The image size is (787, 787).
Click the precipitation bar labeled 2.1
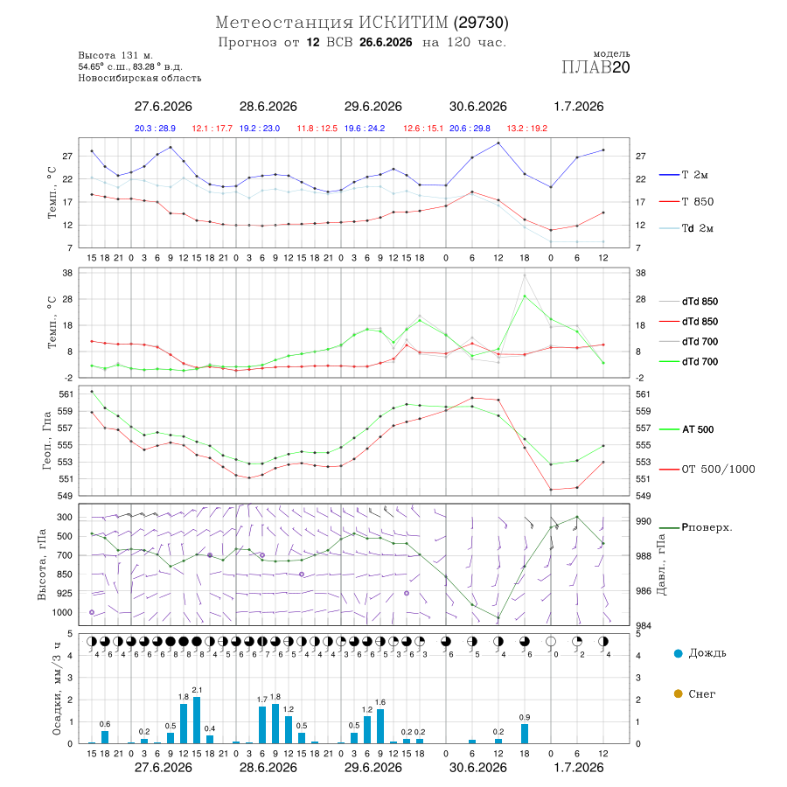197,720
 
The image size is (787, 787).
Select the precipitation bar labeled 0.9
525,734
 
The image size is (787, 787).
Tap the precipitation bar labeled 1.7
262,725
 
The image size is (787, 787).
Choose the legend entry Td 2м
686,228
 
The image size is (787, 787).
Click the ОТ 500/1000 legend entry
707,470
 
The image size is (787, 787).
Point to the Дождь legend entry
700,653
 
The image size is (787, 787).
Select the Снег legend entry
694,693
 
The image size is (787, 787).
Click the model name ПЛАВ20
595,67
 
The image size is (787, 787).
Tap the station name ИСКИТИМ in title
403,23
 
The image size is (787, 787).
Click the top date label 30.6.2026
477,107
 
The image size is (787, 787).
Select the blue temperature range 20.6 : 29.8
470,129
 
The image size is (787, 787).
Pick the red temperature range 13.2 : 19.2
527,129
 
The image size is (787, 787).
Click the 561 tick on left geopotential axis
66,394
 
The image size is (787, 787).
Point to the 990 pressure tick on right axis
644,521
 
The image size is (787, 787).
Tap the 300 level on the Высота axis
65,518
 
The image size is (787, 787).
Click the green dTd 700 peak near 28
525,296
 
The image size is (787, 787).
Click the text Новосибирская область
140,79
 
